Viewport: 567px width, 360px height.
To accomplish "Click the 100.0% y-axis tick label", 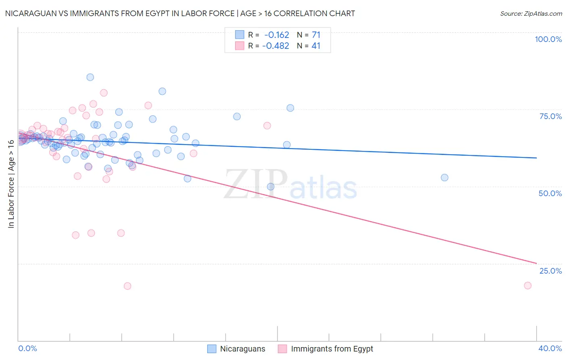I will [548, 39].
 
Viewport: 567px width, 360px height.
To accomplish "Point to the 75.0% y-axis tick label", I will [550, 116].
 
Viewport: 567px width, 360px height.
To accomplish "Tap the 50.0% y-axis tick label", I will [550, 193].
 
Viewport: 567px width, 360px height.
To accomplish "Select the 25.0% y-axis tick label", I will [550, 271].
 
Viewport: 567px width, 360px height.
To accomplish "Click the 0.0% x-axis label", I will [27, 348].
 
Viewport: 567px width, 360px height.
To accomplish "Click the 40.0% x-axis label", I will [550, 348].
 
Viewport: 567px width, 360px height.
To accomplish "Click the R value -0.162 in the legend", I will [277, 35].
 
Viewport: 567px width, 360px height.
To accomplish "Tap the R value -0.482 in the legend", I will [275, 46].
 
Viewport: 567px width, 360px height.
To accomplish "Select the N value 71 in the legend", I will [316, 35].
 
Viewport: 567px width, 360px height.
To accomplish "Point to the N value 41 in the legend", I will [316, 46].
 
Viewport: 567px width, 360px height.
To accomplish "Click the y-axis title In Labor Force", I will [11, 184].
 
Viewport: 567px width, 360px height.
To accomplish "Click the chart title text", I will [180, 13].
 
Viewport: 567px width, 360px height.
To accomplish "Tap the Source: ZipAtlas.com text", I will [531, 14].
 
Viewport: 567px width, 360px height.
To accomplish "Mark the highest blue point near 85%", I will [90, 77].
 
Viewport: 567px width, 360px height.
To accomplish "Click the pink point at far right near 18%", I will [527, 285].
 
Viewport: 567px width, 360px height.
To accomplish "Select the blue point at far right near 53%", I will [444, 178].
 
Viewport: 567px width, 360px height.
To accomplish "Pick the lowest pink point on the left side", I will [127, 286].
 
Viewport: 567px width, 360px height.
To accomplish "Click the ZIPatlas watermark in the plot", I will [290, 184].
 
